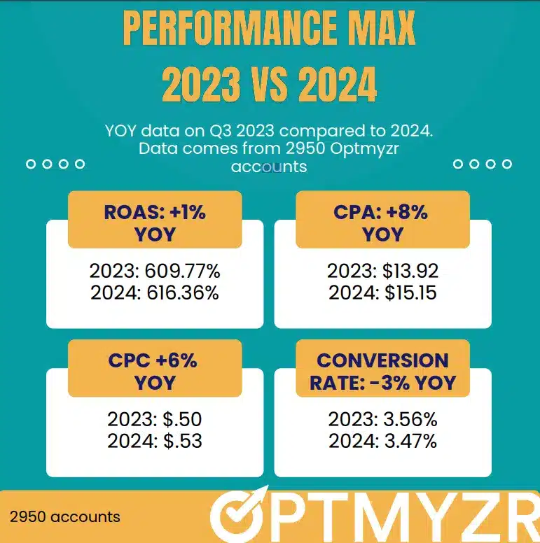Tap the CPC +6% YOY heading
tap(153, 371)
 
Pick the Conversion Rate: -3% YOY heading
tap(382, 372)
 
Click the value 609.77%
tap(179, 270)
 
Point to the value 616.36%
tap(179, 292)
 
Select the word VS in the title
tap(269, 84)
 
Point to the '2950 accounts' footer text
tap(65, 517)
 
